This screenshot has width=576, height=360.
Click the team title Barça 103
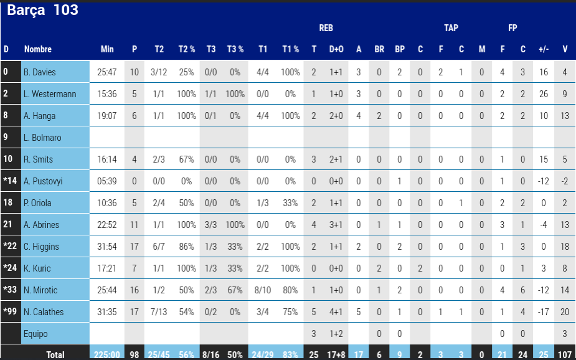click(42, 10)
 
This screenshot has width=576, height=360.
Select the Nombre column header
click(38, 49)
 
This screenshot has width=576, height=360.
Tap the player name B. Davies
click(40, 72)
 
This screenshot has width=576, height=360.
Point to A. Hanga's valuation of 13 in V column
click(564, 116)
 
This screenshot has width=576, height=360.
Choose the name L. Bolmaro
click(42, 138)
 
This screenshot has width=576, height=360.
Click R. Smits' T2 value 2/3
click(159, 159)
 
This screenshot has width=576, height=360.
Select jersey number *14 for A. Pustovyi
click(11, 181)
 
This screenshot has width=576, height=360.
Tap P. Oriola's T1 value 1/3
click(263, 203)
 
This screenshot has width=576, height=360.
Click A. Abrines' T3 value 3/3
click(211, 225)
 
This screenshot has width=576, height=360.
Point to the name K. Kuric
click(38, 268)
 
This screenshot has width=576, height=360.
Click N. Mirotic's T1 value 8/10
click(263, 290)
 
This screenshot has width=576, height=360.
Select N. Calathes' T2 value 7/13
click(159, 312)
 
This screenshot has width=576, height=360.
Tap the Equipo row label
click(35, 334)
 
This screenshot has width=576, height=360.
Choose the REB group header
click(326, 28)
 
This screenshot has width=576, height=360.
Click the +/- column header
click(544, 49)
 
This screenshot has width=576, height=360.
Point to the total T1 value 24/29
click(263, 354)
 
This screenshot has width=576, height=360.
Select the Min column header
click(107, 49)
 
